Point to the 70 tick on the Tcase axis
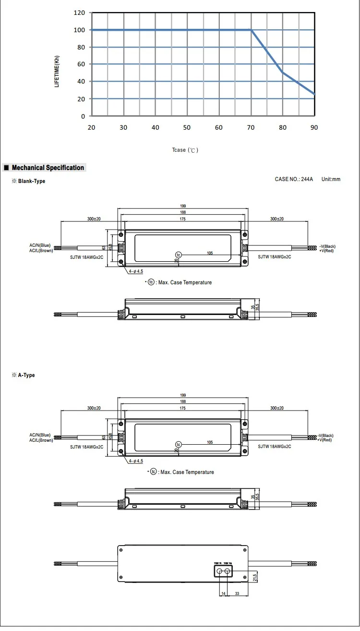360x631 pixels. (x=251, y=127)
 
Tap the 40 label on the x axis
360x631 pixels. (x=155, y=127)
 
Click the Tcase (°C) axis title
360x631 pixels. (x=185, y=150)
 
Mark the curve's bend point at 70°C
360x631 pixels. (x=251, y=30)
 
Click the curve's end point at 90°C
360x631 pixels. (x=314, y=94)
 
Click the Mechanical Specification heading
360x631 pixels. (x=48, y=168)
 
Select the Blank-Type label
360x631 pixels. (x=32, y=181)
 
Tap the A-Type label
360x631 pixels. (x=26, y=375)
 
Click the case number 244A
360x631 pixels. (x=294, y=179)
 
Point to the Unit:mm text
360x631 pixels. (x=331, y=179)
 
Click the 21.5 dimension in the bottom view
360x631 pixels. (x=255, y=576)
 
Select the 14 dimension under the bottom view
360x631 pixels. (x=223, y=594)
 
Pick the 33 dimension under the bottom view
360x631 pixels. (x=237, y=594)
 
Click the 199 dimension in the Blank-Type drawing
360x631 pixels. (x=183, y=206)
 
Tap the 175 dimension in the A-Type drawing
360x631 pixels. (x=183, y=408)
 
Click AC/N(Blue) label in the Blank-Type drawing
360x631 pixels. (x=40, y=245)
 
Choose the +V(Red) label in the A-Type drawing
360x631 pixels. (x=326, y=440)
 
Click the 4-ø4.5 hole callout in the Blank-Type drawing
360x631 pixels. (x=136, y=271)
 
